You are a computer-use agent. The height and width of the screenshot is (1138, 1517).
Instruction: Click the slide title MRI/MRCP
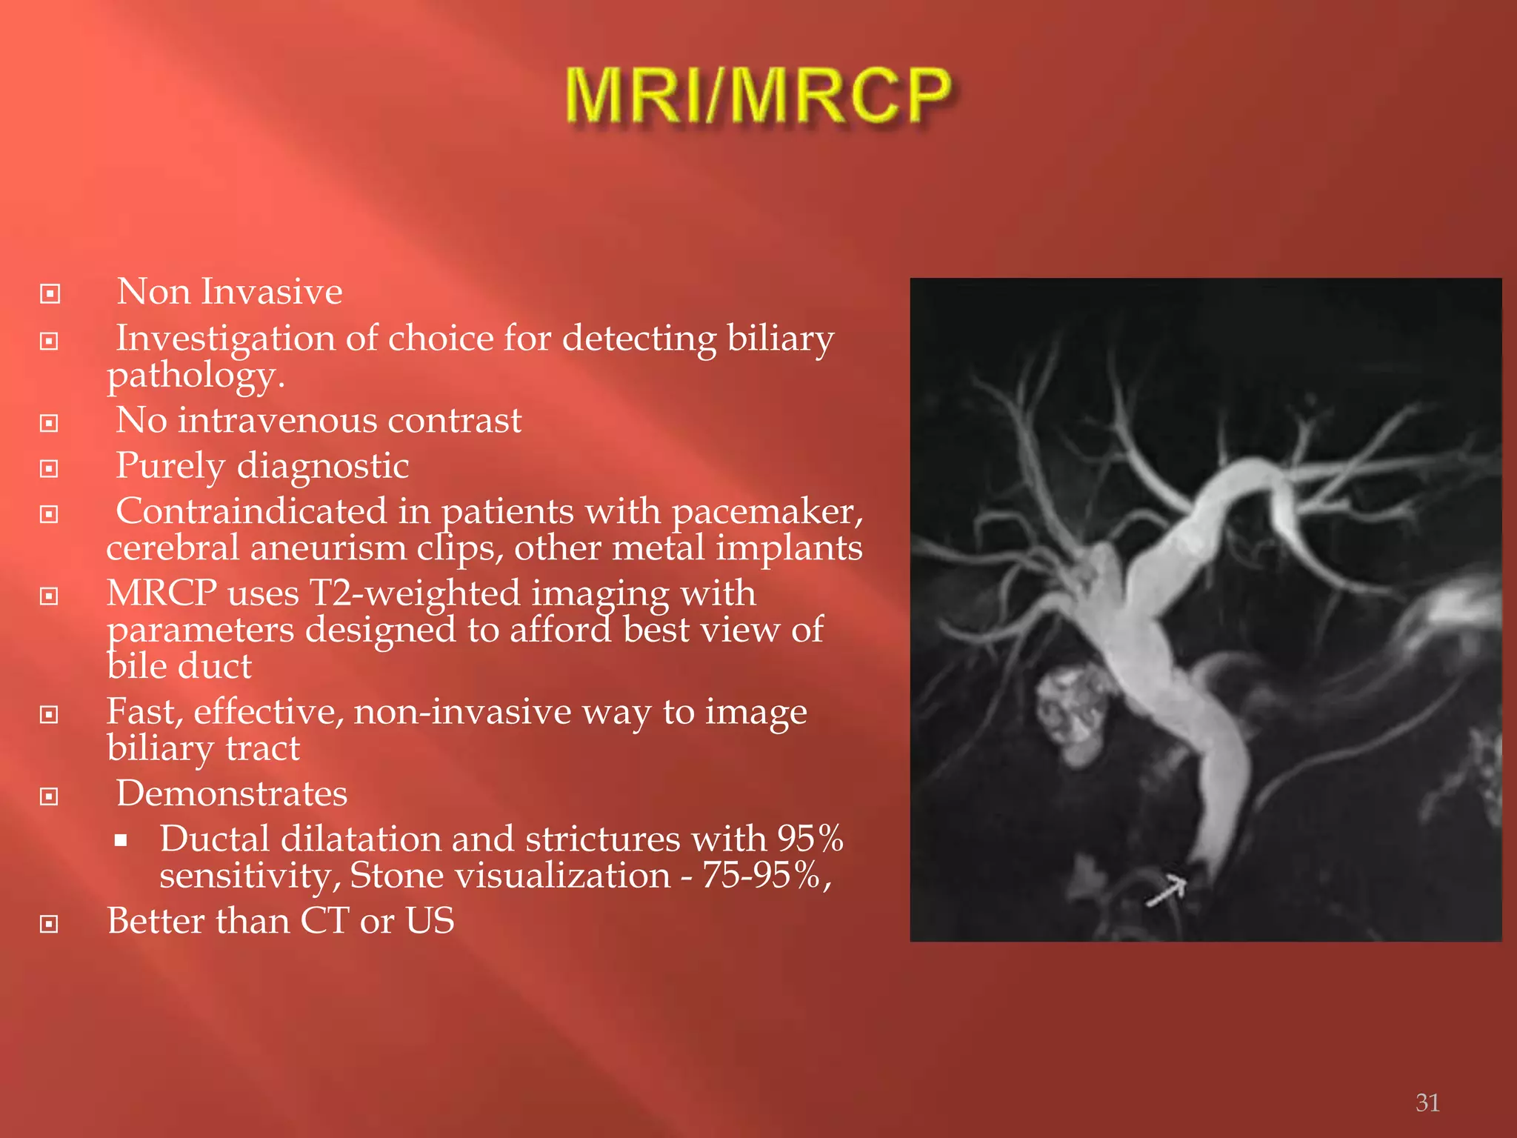coord(758,96)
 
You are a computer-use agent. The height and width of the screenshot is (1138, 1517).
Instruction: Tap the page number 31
coord(1427,1102)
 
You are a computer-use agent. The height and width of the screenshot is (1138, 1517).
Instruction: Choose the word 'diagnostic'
coord(323,466)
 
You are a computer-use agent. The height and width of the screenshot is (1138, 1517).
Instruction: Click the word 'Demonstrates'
coord(232,793)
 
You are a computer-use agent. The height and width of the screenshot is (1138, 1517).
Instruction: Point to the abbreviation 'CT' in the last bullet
coord(324,921)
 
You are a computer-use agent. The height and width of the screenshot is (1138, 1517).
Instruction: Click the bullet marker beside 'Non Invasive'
coord(50,294)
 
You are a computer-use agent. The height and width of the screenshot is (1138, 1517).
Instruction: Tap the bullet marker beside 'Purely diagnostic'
coord(50,469)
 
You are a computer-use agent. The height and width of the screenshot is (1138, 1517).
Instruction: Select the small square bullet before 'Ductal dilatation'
coord(121,841)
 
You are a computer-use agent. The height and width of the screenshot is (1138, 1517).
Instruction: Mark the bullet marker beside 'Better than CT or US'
coord(50,924)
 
